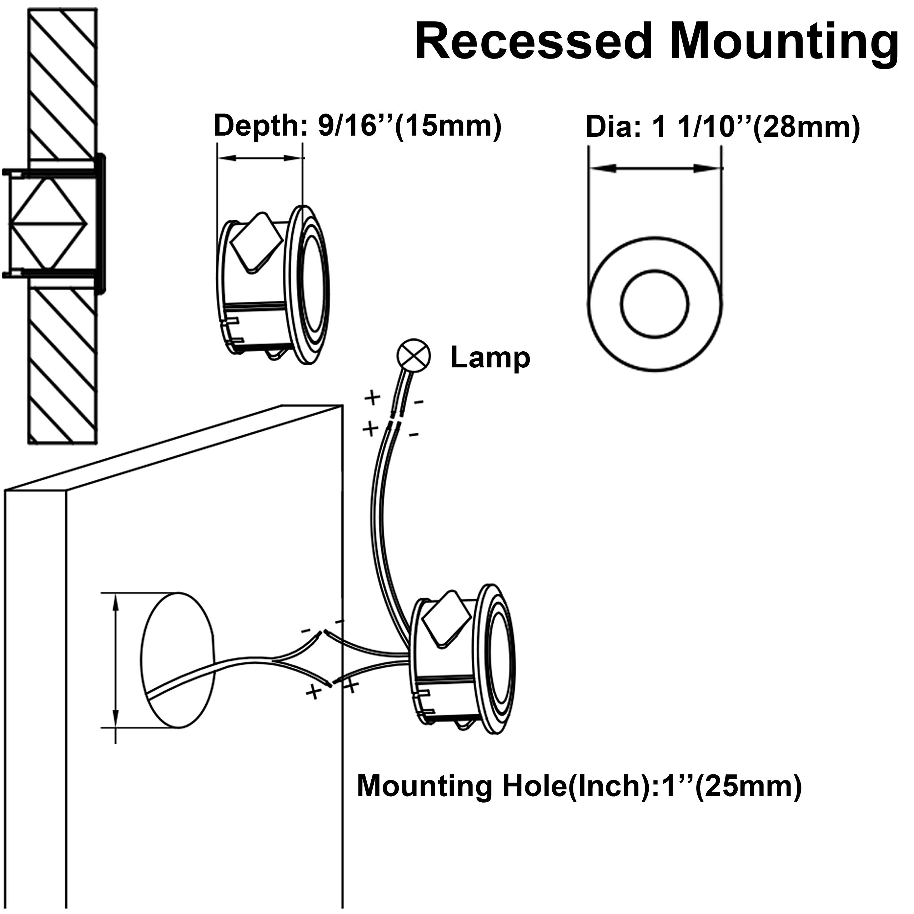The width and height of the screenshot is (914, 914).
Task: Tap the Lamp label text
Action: pos(490,358)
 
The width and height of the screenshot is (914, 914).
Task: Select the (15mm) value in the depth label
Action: pos(447,126)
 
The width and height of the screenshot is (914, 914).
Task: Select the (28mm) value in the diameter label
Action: pos(806,128)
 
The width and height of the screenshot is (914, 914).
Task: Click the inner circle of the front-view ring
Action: pos(655,304)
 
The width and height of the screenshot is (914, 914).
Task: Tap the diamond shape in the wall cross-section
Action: pos(49,222)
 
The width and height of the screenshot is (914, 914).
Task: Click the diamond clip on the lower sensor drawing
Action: pos(446,618)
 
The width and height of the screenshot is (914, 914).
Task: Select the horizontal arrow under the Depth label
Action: pos(259,159)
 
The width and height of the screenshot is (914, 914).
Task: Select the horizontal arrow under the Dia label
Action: pos(655,168)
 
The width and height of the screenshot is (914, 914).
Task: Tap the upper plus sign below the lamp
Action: pos(373,398)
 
